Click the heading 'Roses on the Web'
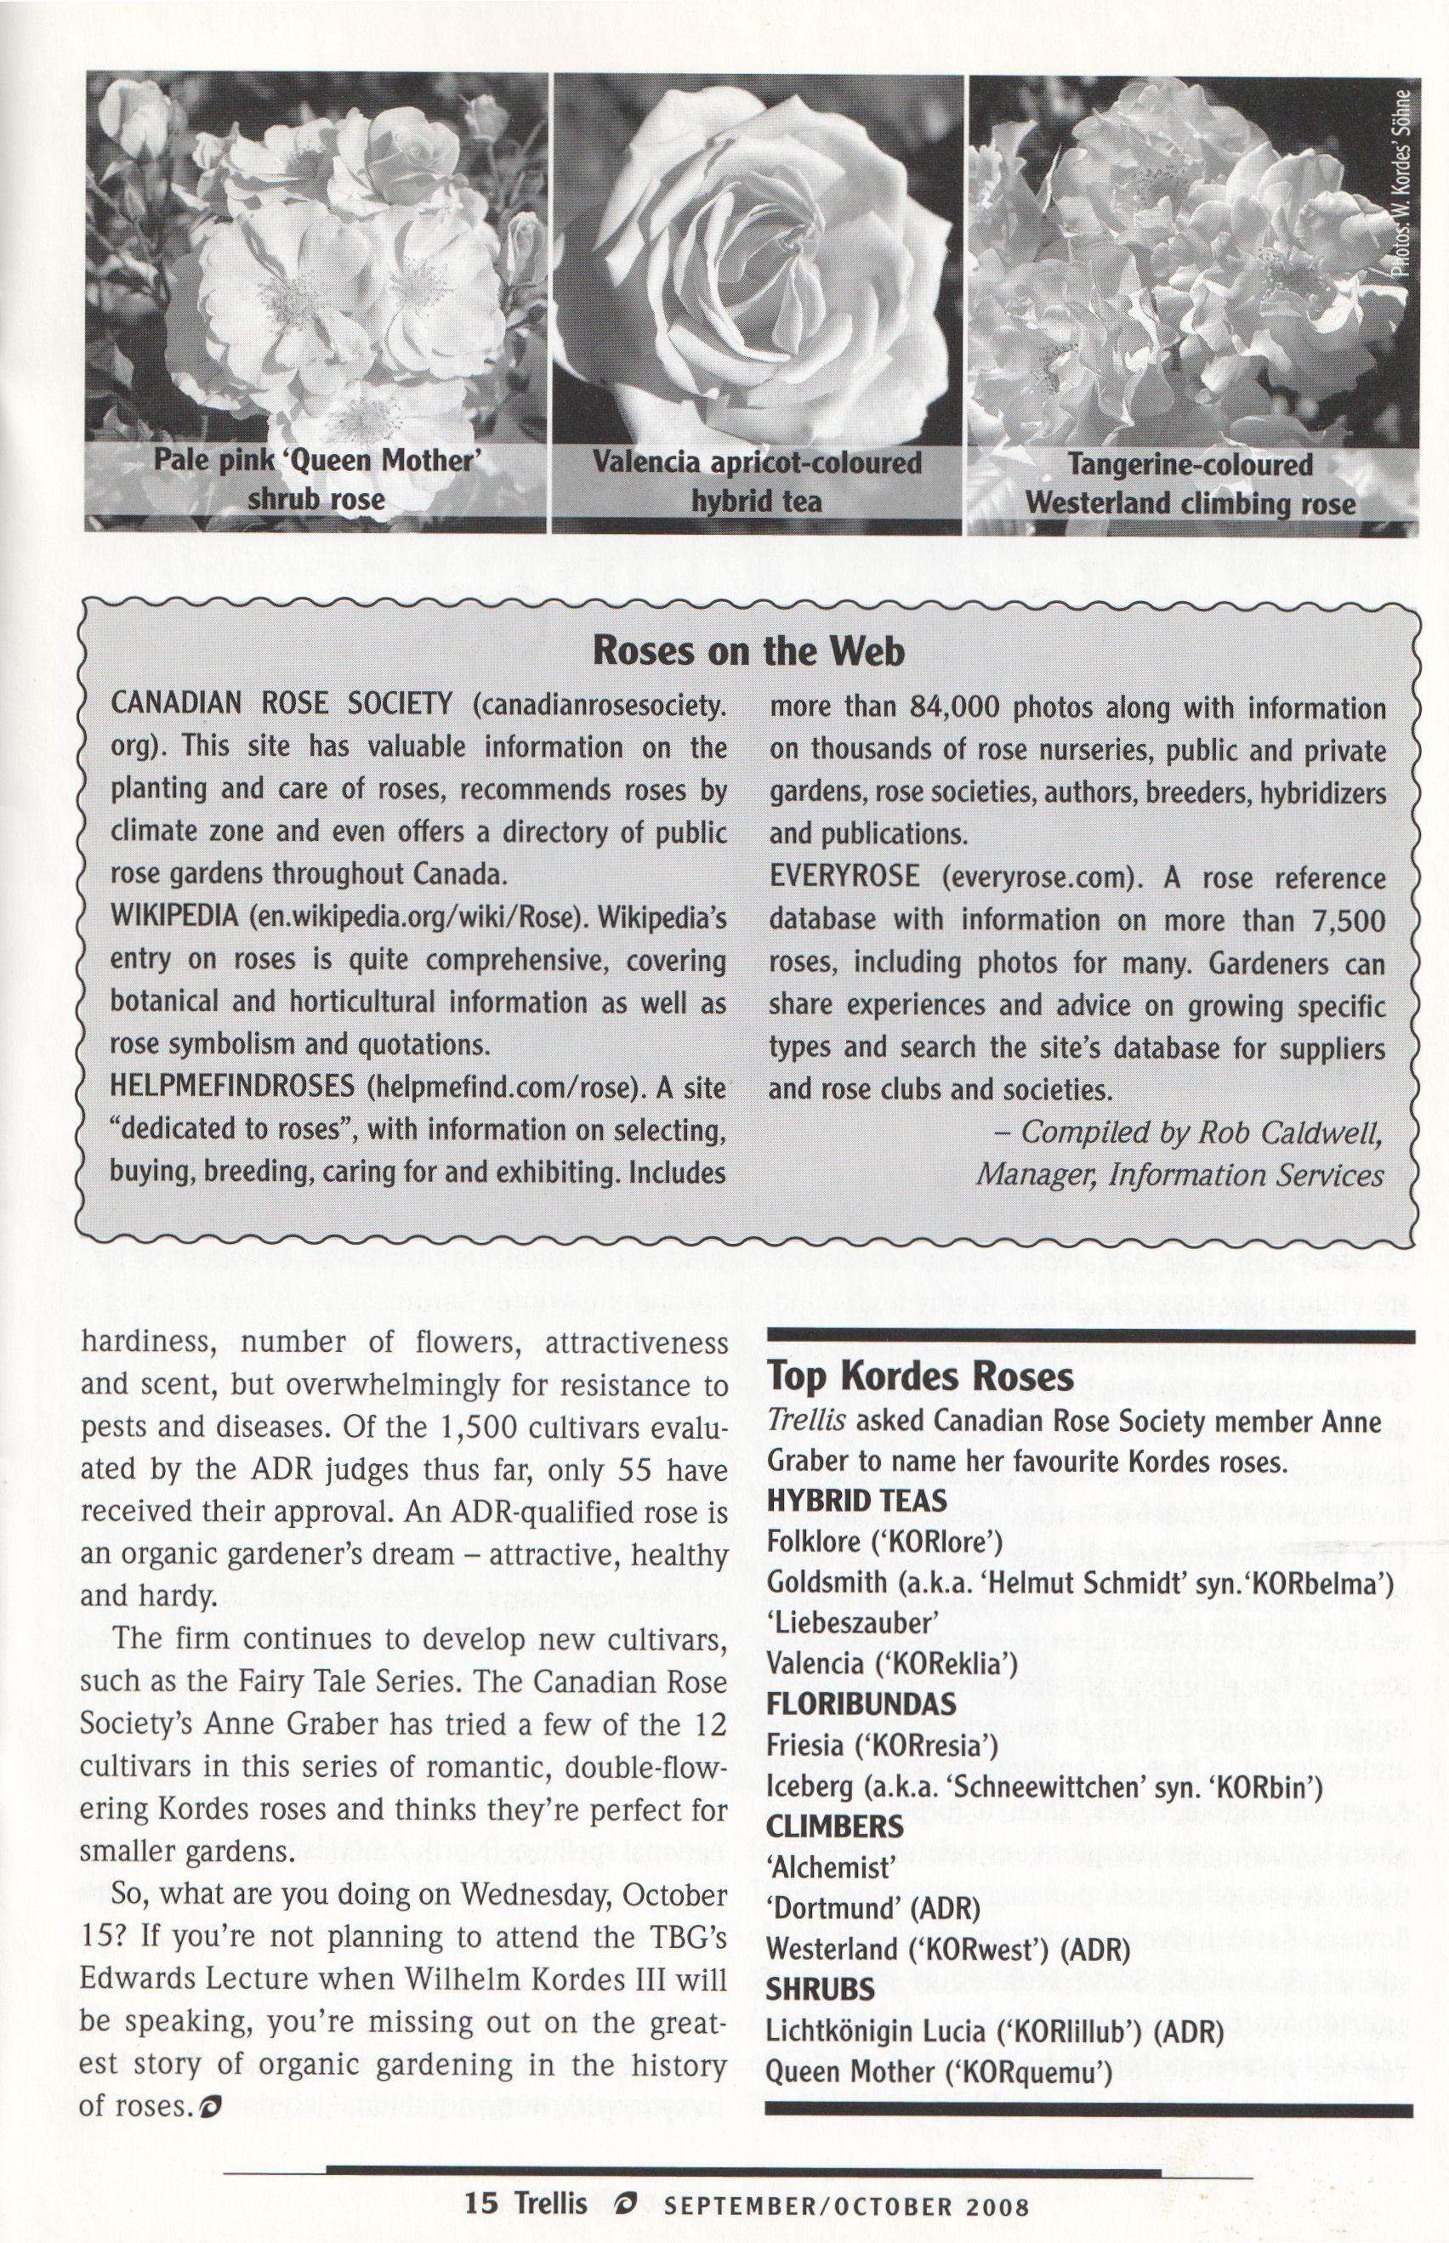(x=748, y=650)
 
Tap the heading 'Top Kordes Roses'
(x=920, y=1376)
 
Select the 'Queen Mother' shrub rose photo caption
(x=317, y=480)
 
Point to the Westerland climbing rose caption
(x=1190, y=484)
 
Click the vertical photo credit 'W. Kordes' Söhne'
(x=1401, y=184)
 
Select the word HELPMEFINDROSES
(x=231, y=1086)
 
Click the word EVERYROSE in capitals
(x=844, y=876)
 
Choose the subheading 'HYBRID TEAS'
(x=856, y=1501)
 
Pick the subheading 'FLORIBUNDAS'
(x=861, y=1704)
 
